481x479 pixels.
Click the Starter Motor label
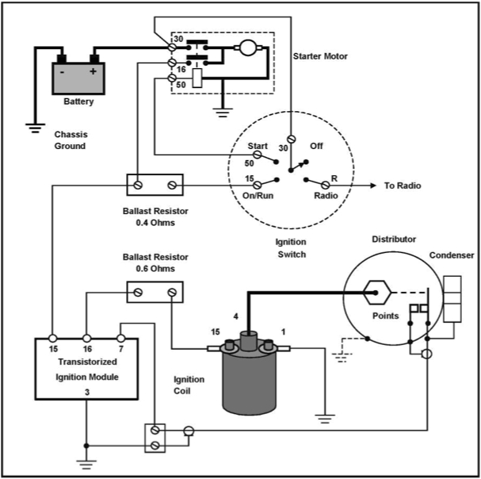321,56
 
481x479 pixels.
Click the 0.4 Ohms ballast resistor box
155,186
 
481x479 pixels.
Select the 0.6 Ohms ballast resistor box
155,293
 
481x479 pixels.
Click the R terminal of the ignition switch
326,186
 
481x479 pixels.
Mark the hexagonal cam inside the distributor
374,292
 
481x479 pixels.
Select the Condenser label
451,255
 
